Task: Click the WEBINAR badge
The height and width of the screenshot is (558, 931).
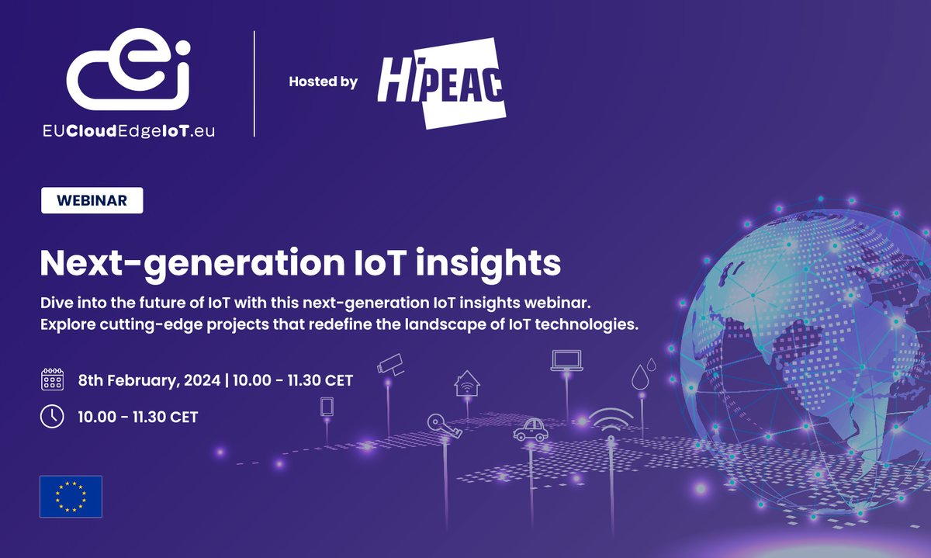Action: (x=92, y=201)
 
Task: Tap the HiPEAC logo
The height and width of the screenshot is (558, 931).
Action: (x=441, y=81)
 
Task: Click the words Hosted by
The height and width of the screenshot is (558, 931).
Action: (x=323, y=81)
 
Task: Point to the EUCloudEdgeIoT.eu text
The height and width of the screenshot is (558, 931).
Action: (x=129, y=132)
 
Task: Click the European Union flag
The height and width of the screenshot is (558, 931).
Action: (x=71, y=496)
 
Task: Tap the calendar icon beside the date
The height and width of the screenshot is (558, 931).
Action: (x=52, y=380)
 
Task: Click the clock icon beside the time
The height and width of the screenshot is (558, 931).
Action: (x=52, y=417)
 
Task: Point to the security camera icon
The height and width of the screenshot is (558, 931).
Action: (x=390, y=365)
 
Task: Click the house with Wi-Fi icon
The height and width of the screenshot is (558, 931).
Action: (x=466, y=383)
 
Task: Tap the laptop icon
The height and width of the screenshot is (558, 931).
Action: (x=566, y=360)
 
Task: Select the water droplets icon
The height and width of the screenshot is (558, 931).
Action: (x=641, y=376)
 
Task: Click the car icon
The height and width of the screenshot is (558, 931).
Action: (x=531, y=429)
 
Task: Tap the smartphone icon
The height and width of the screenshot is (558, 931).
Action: (x=327, y=407)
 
